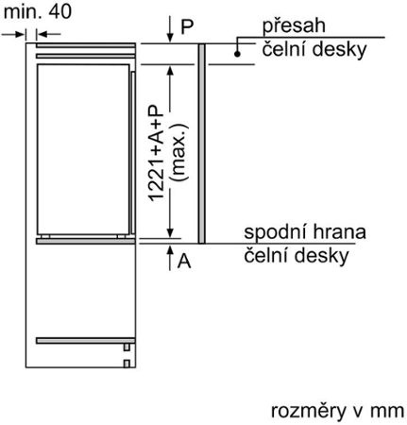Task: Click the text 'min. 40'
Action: click(x=38, y=12)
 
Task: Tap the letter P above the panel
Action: click(x=187, y=26)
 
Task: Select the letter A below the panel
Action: click(x=184, y=261)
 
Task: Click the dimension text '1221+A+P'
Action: click(x=156, y=153)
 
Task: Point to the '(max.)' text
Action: click(x=178, y=153)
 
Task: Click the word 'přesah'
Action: click(x=294, y=25)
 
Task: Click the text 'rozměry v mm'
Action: click(x=337, y=411)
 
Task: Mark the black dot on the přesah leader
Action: click(x=237, y=54)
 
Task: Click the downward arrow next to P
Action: click(x=170, y=29)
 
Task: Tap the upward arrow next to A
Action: click(x=170, y=258)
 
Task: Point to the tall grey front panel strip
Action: click(x=202, y=144)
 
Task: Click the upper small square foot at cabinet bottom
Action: click(x=127, y=348)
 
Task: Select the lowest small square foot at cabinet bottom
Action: click(x=127, y=364)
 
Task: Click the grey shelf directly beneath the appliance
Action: click(x=86, y=241)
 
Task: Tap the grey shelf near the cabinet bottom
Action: click(x=86, y=341)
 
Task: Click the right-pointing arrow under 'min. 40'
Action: click(x=13, y=34)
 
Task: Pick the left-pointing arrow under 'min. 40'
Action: click(x=48, y=34)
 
